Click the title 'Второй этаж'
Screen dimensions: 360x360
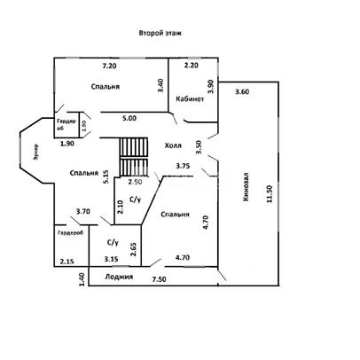click(x=160, y=33)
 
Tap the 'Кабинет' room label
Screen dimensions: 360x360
click(x=190, y=98)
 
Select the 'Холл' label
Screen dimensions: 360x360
click(x=173, y=145)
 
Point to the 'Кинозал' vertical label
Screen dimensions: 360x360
click(x=246, y=187)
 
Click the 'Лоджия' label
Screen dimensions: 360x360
click(x=119, y=277)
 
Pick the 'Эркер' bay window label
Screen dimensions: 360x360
click(x=35, y=152)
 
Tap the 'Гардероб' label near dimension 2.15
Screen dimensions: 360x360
click(x=71, y=233)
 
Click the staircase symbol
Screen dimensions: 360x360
click(x=133, y=156)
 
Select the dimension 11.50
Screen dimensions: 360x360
click(x=269, y=194)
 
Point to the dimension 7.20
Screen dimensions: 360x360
click(x=109, y=66)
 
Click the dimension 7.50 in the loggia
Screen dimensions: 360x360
click(x=159, y=279)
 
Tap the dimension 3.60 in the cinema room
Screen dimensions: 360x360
click(x=242, y=91)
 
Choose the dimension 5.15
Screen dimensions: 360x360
click(x=106, y=177)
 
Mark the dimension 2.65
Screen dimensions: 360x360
click(x=133, y=249)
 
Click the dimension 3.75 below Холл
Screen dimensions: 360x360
click(x=183, y=166)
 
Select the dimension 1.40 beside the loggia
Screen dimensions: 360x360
click(x=82, y=279)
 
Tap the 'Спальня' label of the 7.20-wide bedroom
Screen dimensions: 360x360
click(x=106, y=87)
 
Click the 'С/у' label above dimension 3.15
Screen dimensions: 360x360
click(x=113, y=243)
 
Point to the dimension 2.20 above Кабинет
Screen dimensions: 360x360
click(x=192, y=66)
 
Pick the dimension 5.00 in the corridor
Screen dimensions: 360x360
click(x=129, y=118)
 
